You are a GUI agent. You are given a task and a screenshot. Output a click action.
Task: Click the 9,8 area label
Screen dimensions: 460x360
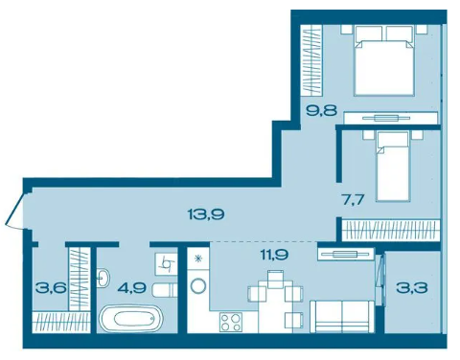(321, 111)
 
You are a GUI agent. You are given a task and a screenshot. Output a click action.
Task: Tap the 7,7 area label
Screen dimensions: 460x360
(353, 200)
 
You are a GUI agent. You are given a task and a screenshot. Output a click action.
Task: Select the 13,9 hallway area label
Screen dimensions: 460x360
(206, 214)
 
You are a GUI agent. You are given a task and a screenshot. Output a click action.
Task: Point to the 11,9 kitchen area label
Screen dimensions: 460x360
(274, 255)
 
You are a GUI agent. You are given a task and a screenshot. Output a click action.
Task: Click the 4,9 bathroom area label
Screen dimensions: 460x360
(132, 288)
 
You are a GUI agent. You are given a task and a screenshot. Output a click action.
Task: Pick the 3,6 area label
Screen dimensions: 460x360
(52, 288)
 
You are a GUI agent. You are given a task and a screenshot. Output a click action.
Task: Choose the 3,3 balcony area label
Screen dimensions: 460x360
(411, 288)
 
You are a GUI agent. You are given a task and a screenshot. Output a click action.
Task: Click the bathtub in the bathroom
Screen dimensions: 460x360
(131, 318)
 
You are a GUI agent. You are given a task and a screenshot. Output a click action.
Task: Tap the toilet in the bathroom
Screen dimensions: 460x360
(165, 290)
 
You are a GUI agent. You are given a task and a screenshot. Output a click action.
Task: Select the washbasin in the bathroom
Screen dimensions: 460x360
(103, 278)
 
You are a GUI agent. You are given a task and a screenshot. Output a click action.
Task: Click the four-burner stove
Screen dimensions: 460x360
(231, 322)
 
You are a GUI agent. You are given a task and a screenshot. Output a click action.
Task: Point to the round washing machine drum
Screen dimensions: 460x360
(198, 285)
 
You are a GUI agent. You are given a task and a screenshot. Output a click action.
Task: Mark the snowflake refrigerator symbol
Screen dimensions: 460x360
(198, 258)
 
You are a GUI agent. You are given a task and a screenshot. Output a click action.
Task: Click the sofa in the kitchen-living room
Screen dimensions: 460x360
(342, 316)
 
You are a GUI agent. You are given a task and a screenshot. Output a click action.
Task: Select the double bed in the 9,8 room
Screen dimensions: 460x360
(384, 60)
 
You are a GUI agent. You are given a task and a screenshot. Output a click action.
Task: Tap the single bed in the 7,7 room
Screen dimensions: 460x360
(393, 167)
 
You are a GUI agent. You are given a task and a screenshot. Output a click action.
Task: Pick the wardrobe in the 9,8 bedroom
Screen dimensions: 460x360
(311, 60)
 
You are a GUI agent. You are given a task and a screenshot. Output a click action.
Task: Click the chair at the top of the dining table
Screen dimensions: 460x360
(275, 279)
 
